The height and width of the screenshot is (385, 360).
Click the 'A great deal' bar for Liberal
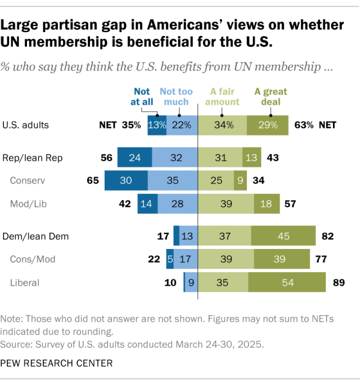[288, 282]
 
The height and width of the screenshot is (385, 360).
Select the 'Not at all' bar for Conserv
[126, 181]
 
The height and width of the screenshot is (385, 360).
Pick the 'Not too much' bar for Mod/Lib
[177, 203]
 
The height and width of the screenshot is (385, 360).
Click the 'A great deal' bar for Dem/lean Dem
[283, 237]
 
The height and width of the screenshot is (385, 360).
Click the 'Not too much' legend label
[176, 97]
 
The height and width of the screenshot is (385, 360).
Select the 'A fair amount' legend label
[225, 97]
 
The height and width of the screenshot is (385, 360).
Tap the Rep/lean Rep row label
[33, 158]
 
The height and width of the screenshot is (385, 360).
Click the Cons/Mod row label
[32, 259]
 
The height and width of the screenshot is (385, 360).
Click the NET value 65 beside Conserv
[92, 181]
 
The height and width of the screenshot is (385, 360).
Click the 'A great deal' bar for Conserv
[238, 181]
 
